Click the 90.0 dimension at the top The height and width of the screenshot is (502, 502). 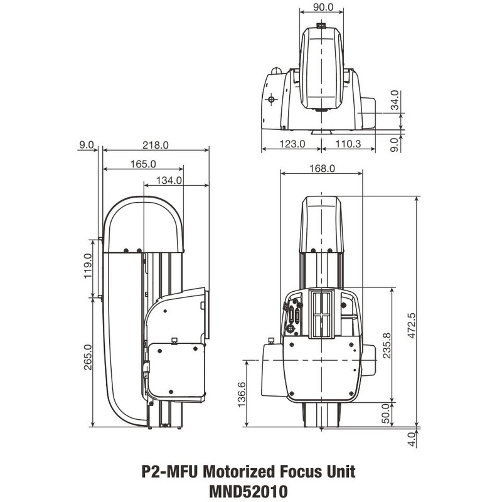(321, 8)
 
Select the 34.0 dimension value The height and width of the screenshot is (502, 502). (395, 101)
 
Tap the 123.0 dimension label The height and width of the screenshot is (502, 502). (291, 144)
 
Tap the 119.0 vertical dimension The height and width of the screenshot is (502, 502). (88, 265)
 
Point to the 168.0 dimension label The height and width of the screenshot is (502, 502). (323, 168)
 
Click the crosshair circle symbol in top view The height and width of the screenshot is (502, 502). (271, 99)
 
